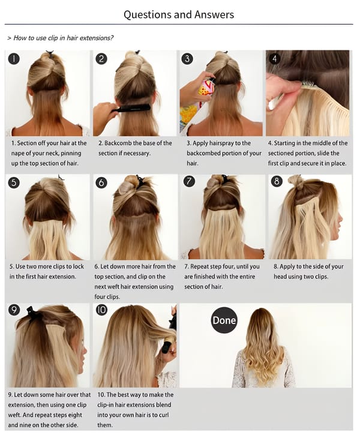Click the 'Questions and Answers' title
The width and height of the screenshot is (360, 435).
(x=179, y=14)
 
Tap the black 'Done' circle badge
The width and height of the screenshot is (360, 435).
(x=224, y=320)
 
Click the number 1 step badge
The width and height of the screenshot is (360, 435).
(x=14, y=59)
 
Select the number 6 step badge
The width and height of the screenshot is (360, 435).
(x=101, y=182)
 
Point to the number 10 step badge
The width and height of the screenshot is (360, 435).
(x=101, y=310)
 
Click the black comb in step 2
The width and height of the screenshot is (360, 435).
(x=131, y=108)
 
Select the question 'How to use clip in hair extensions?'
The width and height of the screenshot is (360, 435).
(x=64, y=38)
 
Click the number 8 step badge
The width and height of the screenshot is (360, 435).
(x=277, y=181)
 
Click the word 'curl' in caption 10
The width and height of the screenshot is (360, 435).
(x=163, y=415)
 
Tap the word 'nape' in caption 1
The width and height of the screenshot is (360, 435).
(x=18, y=154)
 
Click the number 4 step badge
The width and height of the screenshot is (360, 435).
(x=275, y=59)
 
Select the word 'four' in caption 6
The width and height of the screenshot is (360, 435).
(x=100, y=296)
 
